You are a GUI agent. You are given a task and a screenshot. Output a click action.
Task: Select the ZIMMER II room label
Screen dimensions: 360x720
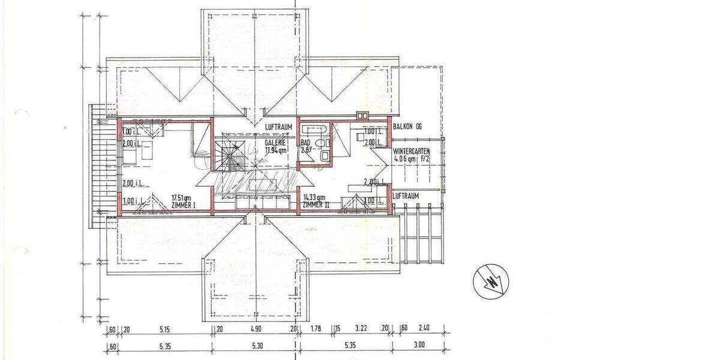315,205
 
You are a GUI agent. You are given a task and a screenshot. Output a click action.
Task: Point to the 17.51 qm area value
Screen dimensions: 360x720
181,197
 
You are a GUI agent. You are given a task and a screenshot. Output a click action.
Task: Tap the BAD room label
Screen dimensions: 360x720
305,143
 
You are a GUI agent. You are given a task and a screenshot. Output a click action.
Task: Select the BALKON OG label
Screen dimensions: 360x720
408,127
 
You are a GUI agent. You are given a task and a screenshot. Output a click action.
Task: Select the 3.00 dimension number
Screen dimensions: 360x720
419,345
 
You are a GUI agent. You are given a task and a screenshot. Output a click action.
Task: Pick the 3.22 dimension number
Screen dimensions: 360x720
361,328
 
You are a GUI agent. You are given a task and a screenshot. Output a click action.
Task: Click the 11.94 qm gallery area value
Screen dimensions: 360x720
275,151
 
